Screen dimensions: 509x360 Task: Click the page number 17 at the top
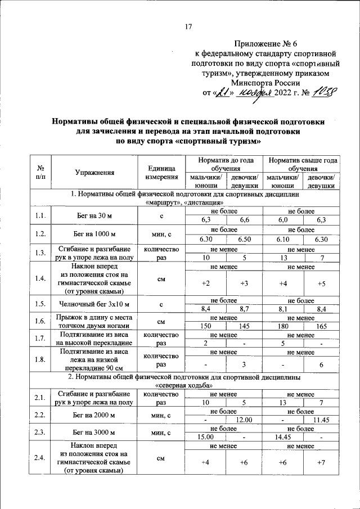click(189, 26)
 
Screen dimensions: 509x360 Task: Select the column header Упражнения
click(94, 173)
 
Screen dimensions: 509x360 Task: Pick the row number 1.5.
click(40, 304)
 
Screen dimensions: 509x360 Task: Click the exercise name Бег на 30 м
click(94, 215)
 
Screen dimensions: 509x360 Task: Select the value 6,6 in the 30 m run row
click(244, 219)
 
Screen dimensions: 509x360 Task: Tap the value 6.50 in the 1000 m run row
click(244, 239)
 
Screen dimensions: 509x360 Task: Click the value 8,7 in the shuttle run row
click(244, 309)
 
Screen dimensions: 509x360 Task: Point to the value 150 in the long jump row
click(206, 326)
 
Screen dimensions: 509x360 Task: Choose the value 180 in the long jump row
click(284, 326)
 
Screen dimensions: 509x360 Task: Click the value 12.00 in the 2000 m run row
click(244, 420)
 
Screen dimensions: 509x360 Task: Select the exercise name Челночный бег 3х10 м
click(94, 304)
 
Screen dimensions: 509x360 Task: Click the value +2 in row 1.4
click(206, 283)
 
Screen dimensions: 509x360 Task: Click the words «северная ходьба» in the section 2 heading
click(184, 386)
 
